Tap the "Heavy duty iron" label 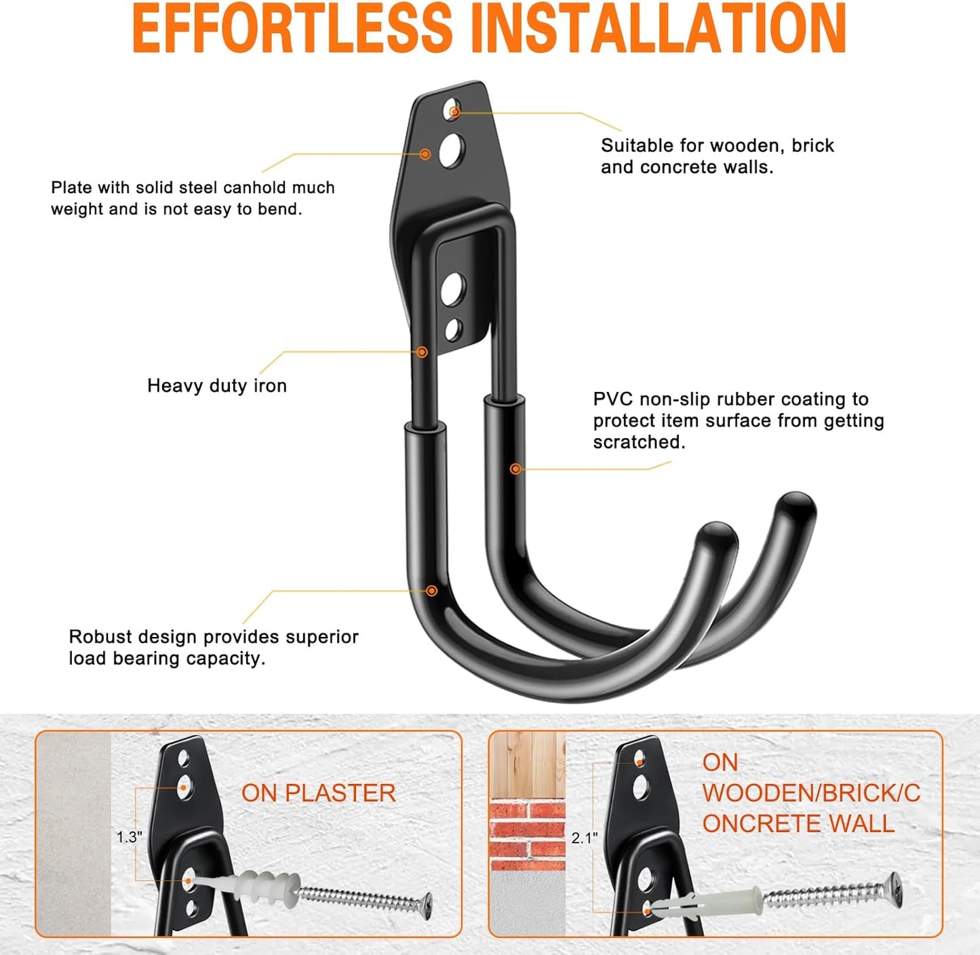pos(217,386)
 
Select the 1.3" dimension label pos(128,837)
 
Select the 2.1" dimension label pos(584,838)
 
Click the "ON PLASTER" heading pos(318,793)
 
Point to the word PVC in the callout pos(612,399)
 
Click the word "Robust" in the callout pos(100,637)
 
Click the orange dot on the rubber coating pos(515,469)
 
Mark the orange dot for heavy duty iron pos(422,352)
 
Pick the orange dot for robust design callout pos(431,591)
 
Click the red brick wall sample pos(527,830)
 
